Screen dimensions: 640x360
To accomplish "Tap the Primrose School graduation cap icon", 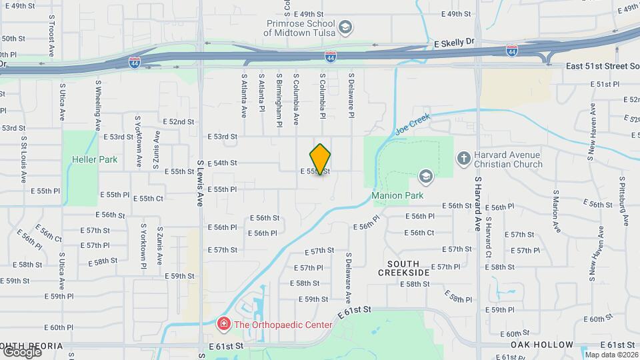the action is coord(345,27).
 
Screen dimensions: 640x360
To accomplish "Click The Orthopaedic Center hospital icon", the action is coord(224,325).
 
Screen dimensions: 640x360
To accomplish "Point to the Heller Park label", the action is coord(95,159).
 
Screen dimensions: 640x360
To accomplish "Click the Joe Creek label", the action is coord(413,124).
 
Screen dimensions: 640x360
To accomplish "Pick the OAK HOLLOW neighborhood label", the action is coord(542,345).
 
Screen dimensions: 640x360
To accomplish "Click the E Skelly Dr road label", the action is coord(453,41).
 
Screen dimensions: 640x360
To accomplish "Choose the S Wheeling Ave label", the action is coord(97,105).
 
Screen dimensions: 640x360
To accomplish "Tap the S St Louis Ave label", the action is coord(23,159).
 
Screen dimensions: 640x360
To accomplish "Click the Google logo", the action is coord(22,351).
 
